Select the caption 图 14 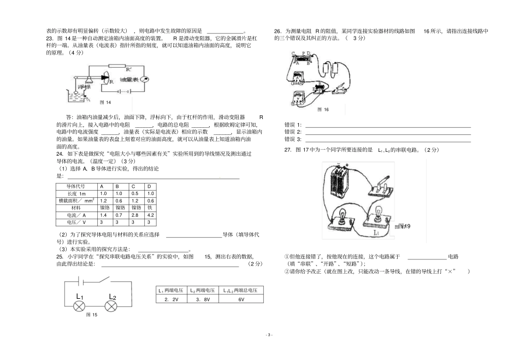click(x=106, y=103)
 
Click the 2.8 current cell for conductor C click(x=133, y=215)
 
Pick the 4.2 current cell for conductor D click(x=150, y=215)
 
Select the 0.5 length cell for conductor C click(x=133, y=193)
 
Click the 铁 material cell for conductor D click(x=150, y=208)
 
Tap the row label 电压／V click(x=76, y=222)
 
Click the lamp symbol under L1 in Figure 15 click(x=80, y=306)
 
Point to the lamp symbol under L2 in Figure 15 click(x=112, y=306)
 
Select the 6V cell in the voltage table click(x=241, y=299)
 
